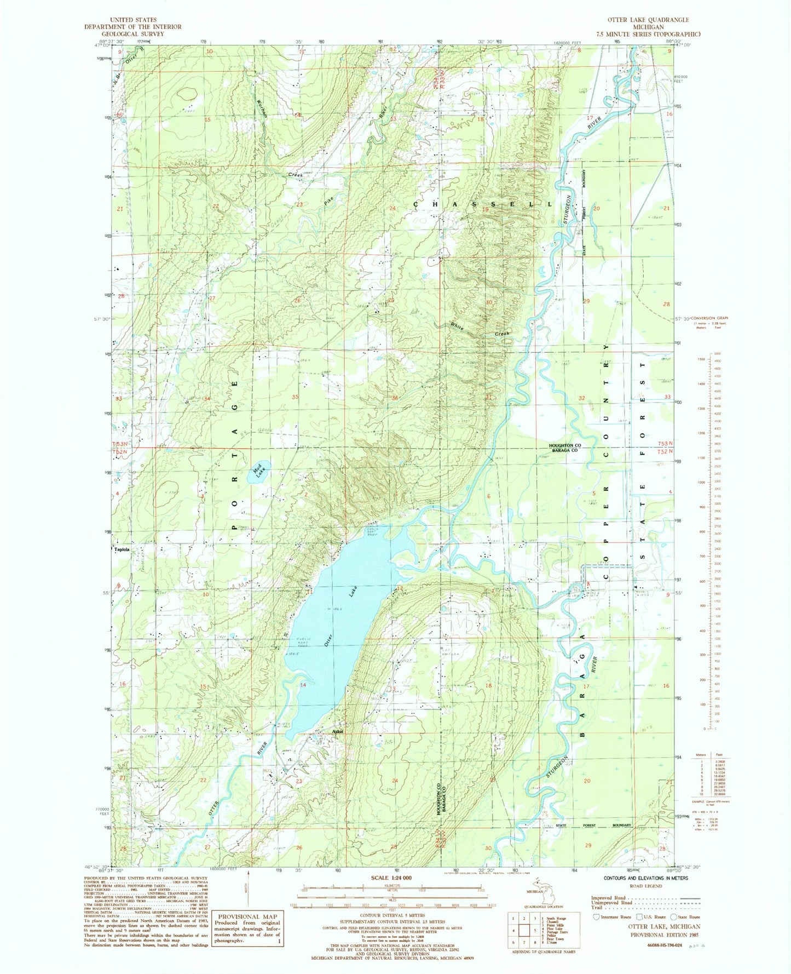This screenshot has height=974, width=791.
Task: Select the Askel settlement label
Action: pos(337,731)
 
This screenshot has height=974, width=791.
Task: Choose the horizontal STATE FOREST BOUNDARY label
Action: pos(593,825)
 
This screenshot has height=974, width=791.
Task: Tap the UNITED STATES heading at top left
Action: pos(133,20)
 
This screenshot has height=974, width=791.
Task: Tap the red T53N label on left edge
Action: pos(121,444)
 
